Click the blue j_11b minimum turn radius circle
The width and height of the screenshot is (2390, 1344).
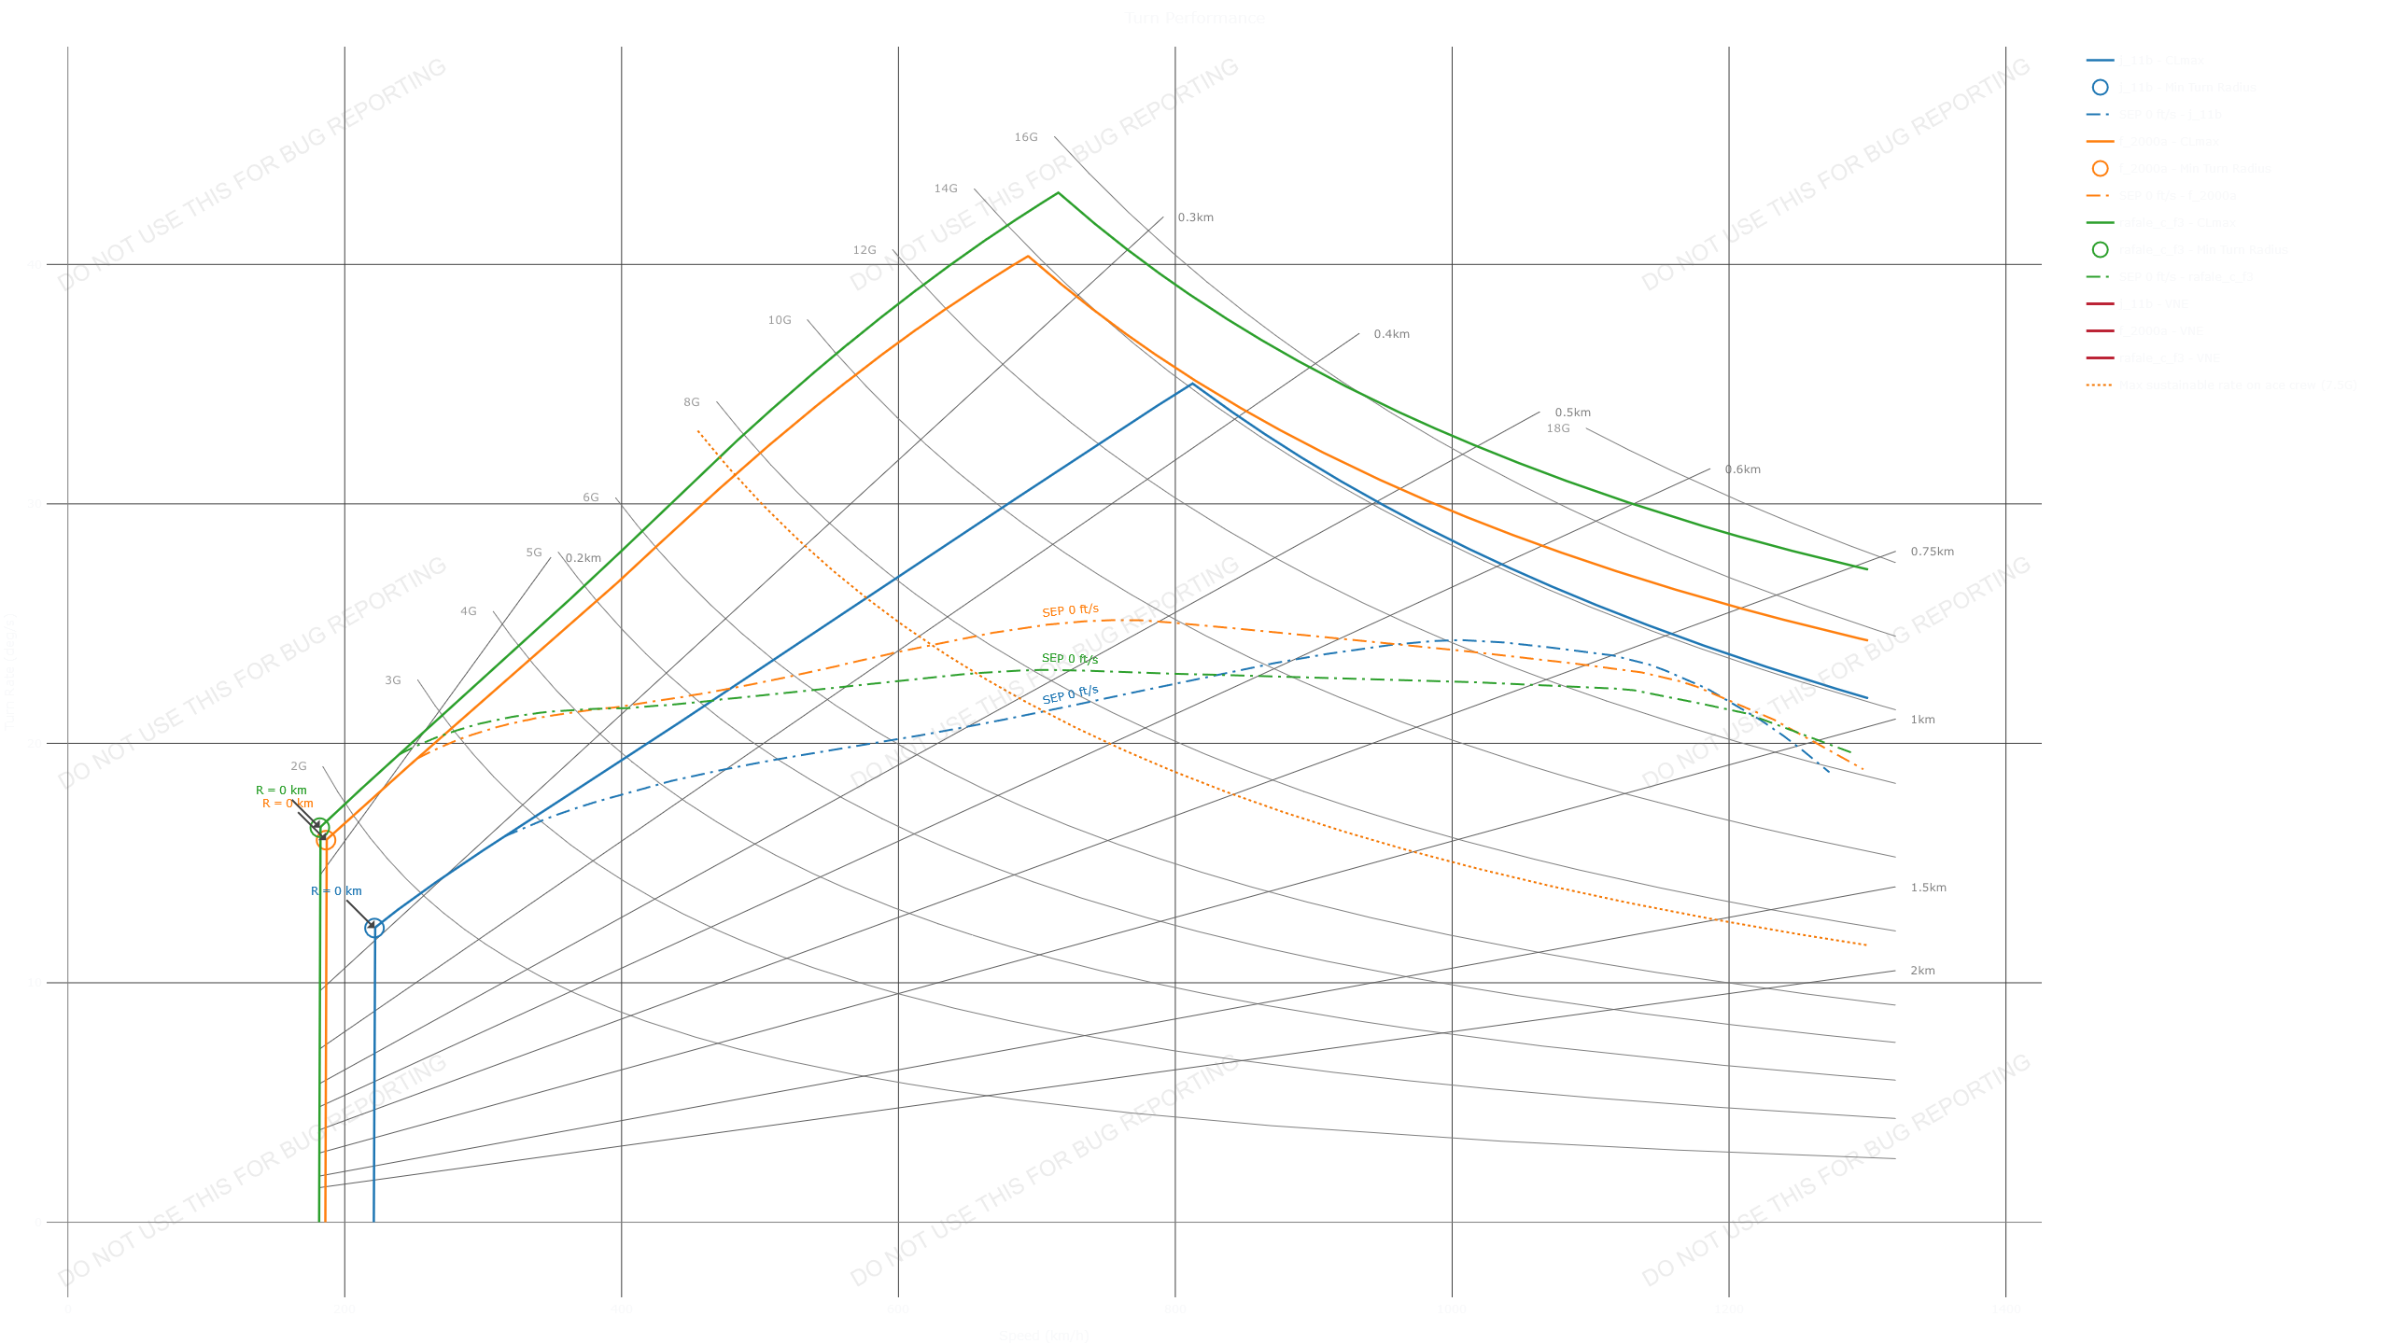(374, 928)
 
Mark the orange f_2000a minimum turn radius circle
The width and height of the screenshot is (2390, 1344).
(326, 840)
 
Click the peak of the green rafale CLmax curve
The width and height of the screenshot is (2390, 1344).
(1058, 193)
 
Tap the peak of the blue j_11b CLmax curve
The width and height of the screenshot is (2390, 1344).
(1190, 383)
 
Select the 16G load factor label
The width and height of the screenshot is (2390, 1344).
(1025, 138)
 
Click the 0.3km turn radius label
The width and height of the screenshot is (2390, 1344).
(1195, 218)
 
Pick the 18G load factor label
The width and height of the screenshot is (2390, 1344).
(1557, 429)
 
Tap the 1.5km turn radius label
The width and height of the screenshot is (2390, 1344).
(1928, 888)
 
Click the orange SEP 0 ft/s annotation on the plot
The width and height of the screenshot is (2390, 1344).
(1070, 611)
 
